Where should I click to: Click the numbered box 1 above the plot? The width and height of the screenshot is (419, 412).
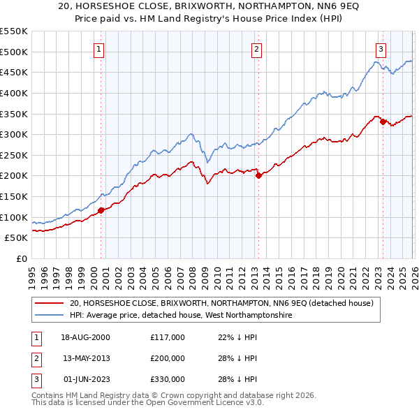(x=99, y=49)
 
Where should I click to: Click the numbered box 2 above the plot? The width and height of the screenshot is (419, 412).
(x=256, y=49)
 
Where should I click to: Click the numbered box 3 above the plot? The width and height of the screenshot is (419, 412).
(x=381, y=49)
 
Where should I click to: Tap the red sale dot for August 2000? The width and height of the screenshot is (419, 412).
(x=101, y=209)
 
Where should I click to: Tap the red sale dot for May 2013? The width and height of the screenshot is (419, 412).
(x=258, y=175)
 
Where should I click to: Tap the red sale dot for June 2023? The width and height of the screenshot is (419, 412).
(x=383, y=122)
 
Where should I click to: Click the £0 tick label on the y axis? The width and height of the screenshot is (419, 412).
(x=21, y=258)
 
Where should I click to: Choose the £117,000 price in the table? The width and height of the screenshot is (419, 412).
(x=167, y=337)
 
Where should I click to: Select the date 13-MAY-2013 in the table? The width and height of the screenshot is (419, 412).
(x=87, y=358)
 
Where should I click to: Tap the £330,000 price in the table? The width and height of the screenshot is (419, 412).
(x=167, y=379)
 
